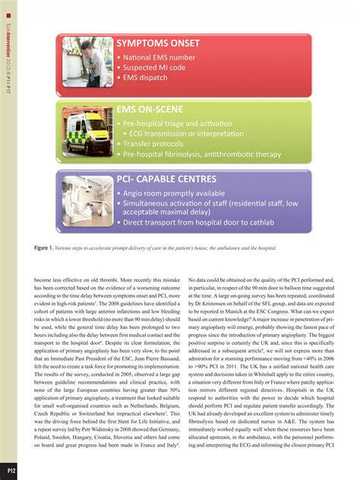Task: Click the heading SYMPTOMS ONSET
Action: pyautogui.click(x=157, y=43)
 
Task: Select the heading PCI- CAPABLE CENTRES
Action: pyautogui.click(x=166, y=179)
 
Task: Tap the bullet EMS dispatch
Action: pyautogui.click(x=146, y=77)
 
